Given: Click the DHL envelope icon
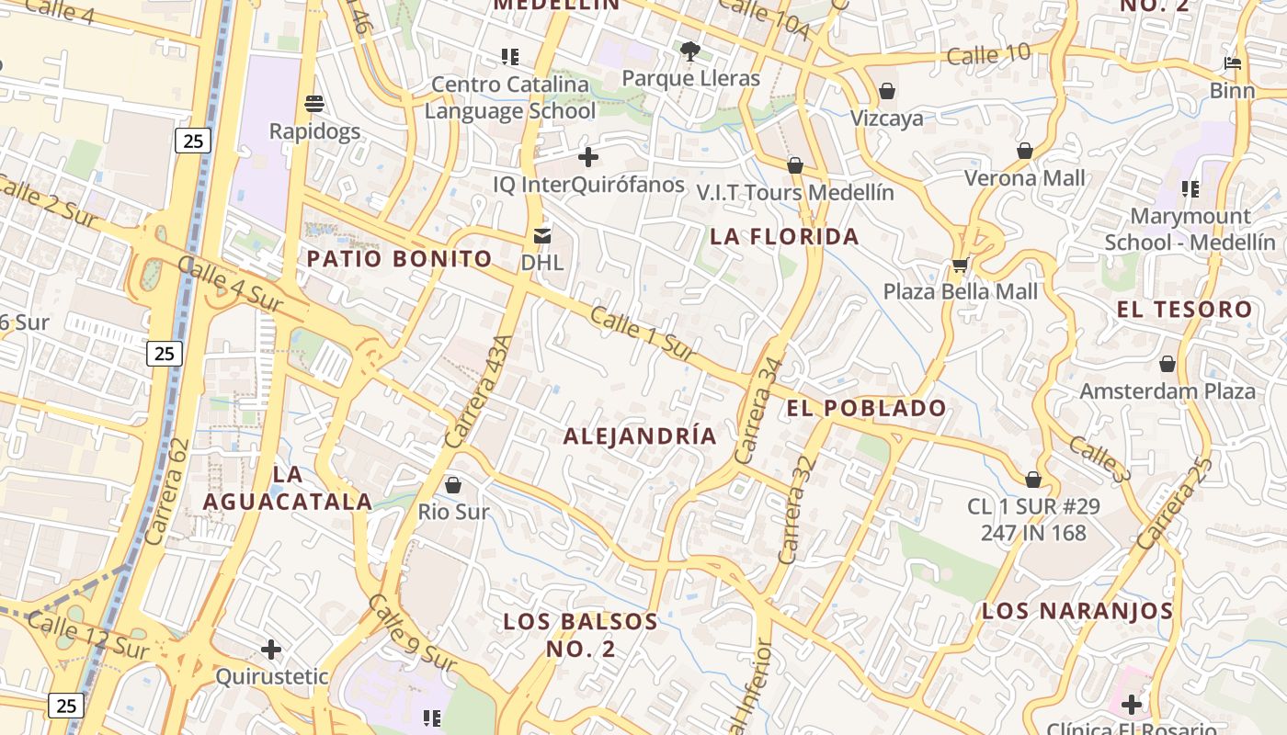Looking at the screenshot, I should (542, 236).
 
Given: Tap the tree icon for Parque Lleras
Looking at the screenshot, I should (690, 51).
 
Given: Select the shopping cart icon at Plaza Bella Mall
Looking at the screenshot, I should (960, 266).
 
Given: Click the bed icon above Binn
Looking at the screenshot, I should (1233, 64).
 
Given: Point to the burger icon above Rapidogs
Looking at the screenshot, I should (314, 103).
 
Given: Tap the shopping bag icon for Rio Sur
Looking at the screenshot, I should (452, 484).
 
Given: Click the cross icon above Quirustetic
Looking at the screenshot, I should (271, 650).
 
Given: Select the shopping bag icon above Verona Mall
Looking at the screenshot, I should (1025, 151).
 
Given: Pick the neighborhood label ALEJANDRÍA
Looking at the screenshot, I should (640, 436).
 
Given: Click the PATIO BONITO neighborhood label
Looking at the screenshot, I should (400, 259).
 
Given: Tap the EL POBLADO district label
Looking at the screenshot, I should (867, 409).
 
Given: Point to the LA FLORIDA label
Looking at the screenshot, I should (784, 237).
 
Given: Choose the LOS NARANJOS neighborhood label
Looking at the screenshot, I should (1077, 611).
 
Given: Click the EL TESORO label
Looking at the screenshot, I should (1184, 310).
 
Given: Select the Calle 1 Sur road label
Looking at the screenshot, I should (641, 334).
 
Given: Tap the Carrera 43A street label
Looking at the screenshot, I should (476, 392).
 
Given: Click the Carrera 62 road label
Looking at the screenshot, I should (166, 491).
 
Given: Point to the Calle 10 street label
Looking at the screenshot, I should (988, 55).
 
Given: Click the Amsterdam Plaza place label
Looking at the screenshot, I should (1167, 391).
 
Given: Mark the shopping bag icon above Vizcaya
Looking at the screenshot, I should (887, 91).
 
